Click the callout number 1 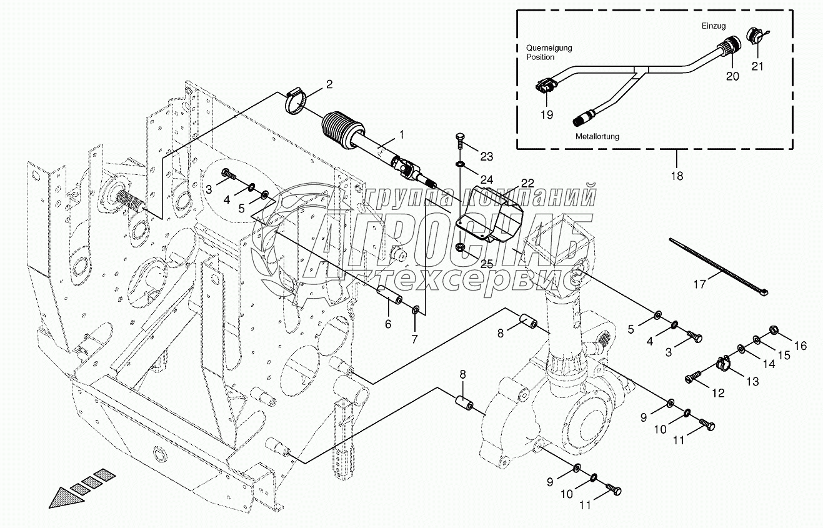pyautogui.click(x=402, y=134)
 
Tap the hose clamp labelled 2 pyautogui.click(x=297, y=102)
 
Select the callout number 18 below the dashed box pyautogui.click(x=676, y=176)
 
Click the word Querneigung pyautogui.click(x=549, y=48)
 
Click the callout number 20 pyautogui.click(x=732, y=76)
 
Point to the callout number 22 pyautogui.click(x=527, y=183)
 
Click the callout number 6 pyautogui.click(x=387, y=324)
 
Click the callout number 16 pyautogui.click(x=801, y=346)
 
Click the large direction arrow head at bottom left pyautogui.click(x=62, y=499)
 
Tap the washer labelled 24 pyautogui.click(x=460, y=164)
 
